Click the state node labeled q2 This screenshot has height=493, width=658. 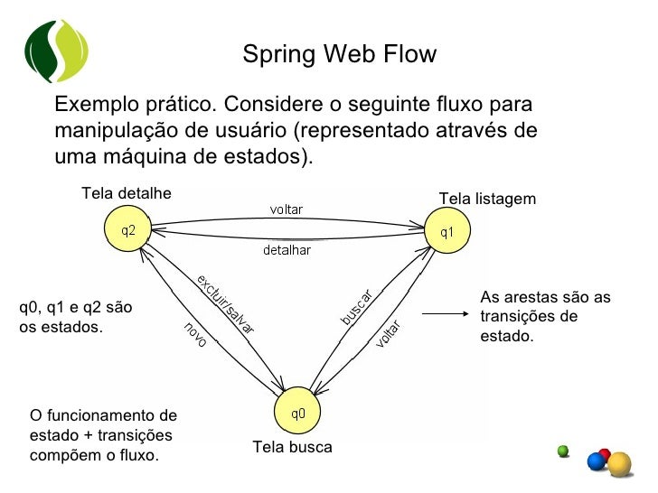[128, 230]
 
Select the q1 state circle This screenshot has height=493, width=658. [446, 232]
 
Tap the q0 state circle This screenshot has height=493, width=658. [297, 414]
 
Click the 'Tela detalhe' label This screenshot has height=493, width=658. [126, 192]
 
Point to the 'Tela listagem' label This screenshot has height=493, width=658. [487, 199]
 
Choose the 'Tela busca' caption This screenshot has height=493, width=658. [292, 447]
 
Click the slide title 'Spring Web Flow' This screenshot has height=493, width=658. [339, 55]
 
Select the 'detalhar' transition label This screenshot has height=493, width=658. [287, 250]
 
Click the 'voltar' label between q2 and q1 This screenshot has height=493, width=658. [287, 209]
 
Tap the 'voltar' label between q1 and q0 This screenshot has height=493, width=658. [388, 333]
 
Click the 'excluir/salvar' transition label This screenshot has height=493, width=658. [225, 303]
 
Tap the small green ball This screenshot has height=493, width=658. [563, 449]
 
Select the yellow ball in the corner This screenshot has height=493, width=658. [619, 464]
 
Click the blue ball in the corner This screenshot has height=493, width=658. [597, 461]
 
